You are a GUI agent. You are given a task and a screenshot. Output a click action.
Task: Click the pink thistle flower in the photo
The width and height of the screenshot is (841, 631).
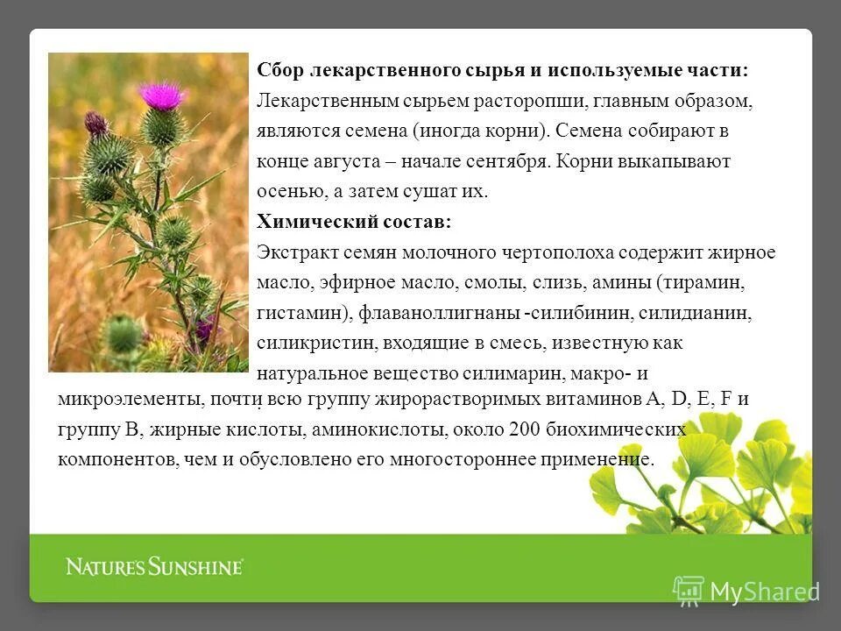point(161,95)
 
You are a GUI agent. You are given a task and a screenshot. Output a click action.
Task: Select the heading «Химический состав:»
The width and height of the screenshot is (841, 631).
point(355,223)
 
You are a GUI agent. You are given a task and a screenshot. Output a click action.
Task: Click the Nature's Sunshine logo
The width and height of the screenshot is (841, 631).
point(154,566)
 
